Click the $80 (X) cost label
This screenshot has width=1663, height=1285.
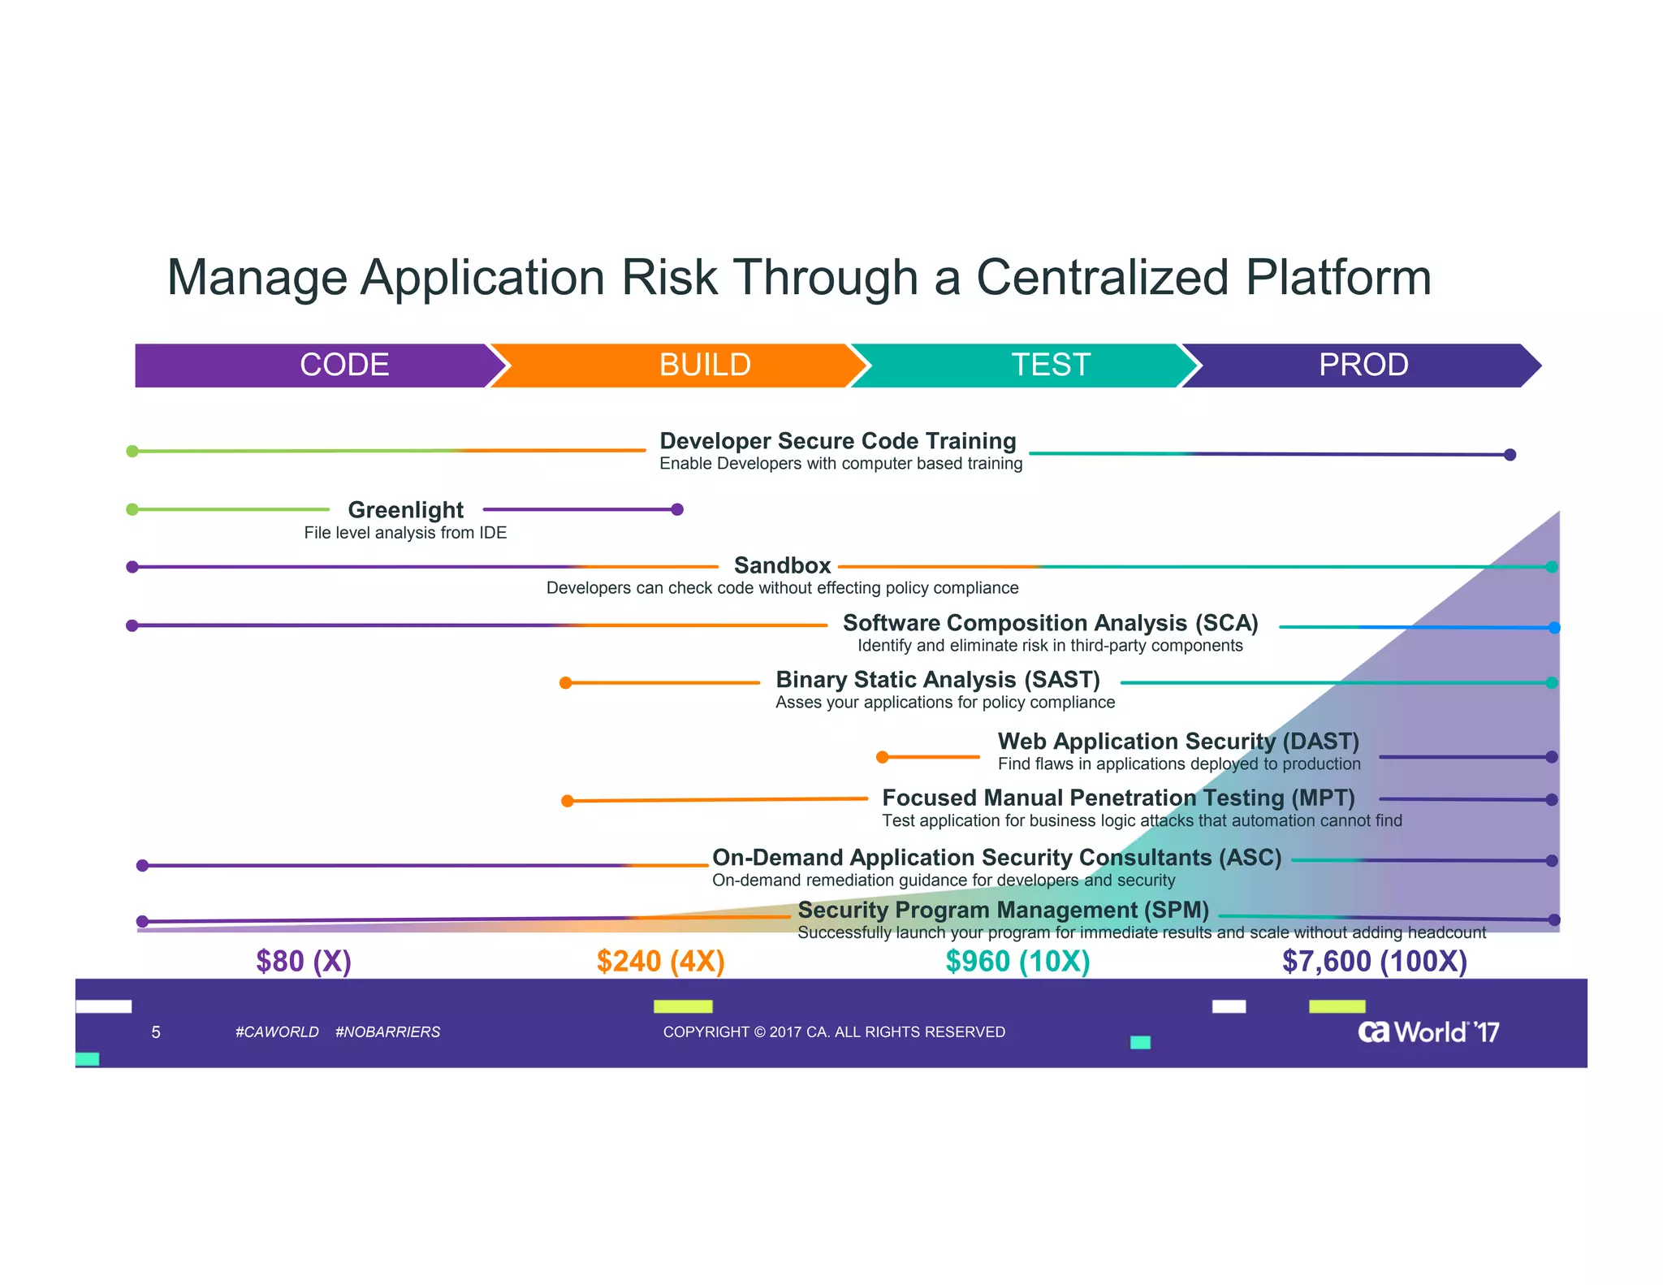tap(304, 961)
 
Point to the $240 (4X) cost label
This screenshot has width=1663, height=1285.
tap(660, 961)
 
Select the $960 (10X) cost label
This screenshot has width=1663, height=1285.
tap(1017, 961)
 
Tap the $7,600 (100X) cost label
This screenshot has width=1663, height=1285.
tap(1374, 961)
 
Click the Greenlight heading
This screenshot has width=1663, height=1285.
tap(405, 509)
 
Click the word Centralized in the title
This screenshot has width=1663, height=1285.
tap(1103, 277)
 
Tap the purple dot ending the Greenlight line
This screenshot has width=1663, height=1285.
tap(677, 509)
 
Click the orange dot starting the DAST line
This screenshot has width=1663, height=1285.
tap(882, 757)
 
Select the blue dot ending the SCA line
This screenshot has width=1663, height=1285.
tap(1553, 627)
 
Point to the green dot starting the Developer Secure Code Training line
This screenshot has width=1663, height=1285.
tap(132, 451)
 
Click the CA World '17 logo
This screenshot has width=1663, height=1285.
tap(1428, 1032)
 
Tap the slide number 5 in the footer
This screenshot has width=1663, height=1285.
tap(156, 1032)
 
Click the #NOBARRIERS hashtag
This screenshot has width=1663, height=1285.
tap(387, 1032)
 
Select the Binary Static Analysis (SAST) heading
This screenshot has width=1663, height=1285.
tap(937, 679)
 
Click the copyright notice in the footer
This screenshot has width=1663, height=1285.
tap(834, 1032)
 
